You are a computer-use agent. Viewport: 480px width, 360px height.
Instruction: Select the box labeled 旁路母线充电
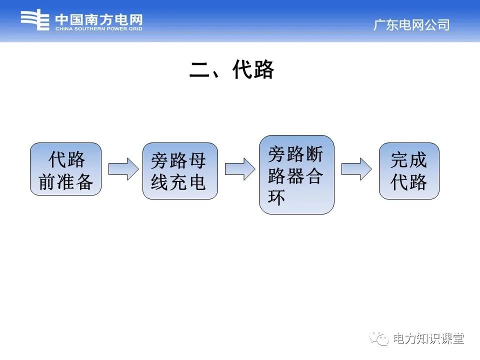click(180, 171)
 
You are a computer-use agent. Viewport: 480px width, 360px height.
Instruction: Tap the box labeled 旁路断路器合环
click(296, 174)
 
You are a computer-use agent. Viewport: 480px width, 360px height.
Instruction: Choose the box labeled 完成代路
click(409, 171)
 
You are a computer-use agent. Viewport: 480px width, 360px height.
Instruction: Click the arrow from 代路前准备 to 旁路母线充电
click(123, 169)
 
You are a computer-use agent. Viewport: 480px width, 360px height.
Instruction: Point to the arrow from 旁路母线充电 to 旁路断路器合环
click(239, 169)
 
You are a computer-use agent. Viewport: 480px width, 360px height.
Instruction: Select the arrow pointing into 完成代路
click(356, 169)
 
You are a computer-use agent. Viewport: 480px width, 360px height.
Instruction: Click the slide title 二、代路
click(232, 70)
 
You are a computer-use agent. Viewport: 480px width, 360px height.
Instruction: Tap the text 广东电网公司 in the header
click(411, 25)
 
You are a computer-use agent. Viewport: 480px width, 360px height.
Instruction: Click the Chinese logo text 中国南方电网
click(98, 19)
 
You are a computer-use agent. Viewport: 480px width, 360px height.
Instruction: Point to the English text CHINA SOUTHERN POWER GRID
click(98, 29)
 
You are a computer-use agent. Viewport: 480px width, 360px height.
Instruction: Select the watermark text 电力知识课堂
click(428, 338)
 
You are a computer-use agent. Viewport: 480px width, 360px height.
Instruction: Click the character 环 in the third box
click(276, 197)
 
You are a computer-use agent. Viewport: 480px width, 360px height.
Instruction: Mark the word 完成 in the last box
click(409, 160)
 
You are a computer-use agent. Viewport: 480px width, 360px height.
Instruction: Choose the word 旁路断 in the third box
click(296, 154)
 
